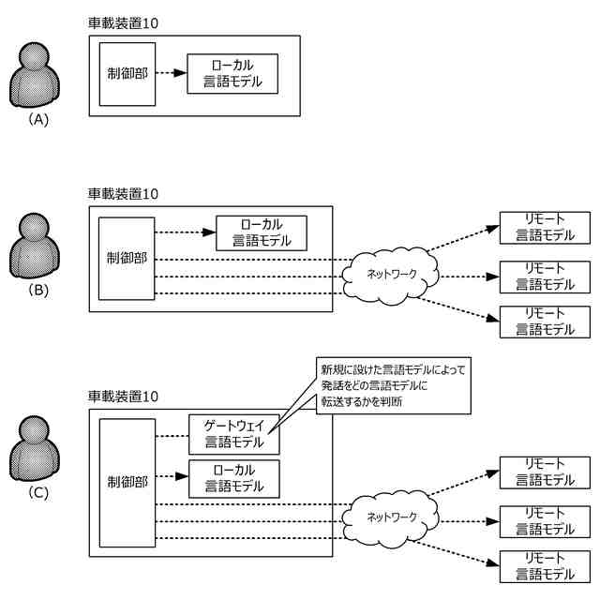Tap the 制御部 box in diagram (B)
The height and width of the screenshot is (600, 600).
tap(126, 259)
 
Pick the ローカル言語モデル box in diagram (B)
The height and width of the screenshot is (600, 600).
tap(261, 232)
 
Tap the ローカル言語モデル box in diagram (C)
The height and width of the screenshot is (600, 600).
tap(233, 479)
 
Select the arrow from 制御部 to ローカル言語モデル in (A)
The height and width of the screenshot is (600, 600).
tap(169, 73)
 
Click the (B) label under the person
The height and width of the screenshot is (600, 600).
tap(38, 290)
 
